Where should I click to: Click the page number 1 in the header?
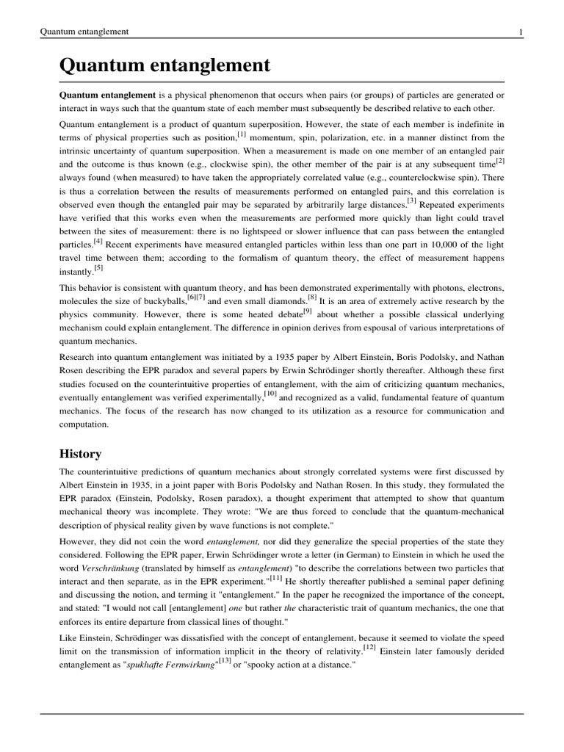point(520,32)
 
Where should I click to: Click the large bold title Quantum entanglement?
point(164,66)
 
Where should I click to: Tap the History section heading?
point(80,453)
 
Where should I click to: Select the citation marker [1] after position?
point(241,134)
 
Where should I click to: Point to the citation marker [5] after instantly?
point(99,268)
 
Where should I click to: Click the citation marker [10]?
point(271,394)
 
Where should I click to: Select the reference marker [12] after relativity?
point(369,647)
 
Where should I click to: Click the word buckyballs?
point(163,302)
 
